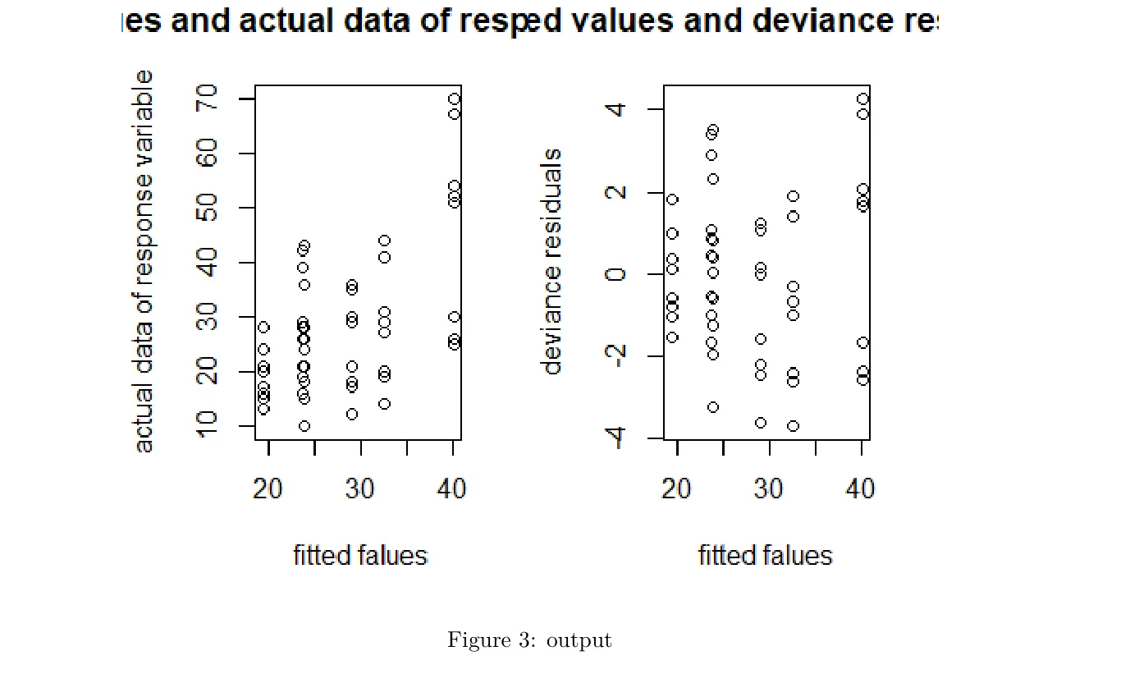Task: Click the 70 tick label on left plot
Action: [208, 99]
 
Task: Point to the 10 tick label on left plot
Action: [208, 424]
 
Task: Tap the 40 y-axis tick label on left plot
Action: [208, 263]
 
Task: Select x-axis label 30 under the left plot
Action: [360, 488]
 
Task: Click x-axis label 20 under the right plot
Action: [677, 488]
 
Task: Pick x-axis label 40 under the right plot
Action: [861, 488]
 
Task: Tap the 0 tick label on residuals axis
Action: [617, 273]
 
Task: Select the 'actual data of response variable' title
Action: [144, 261]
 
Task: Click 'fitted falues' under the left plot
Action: [360, 556]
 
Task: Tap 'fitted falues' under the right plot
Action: [765, 556]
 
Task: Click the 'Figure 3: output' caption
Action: [529, 640]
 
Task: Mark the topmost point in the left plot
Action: [454, 99]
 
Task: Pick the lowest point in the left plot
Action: [304, 425]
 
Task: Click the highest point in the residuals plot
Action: [862, 99]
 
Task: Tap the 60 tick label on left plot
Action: [208, 154]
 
